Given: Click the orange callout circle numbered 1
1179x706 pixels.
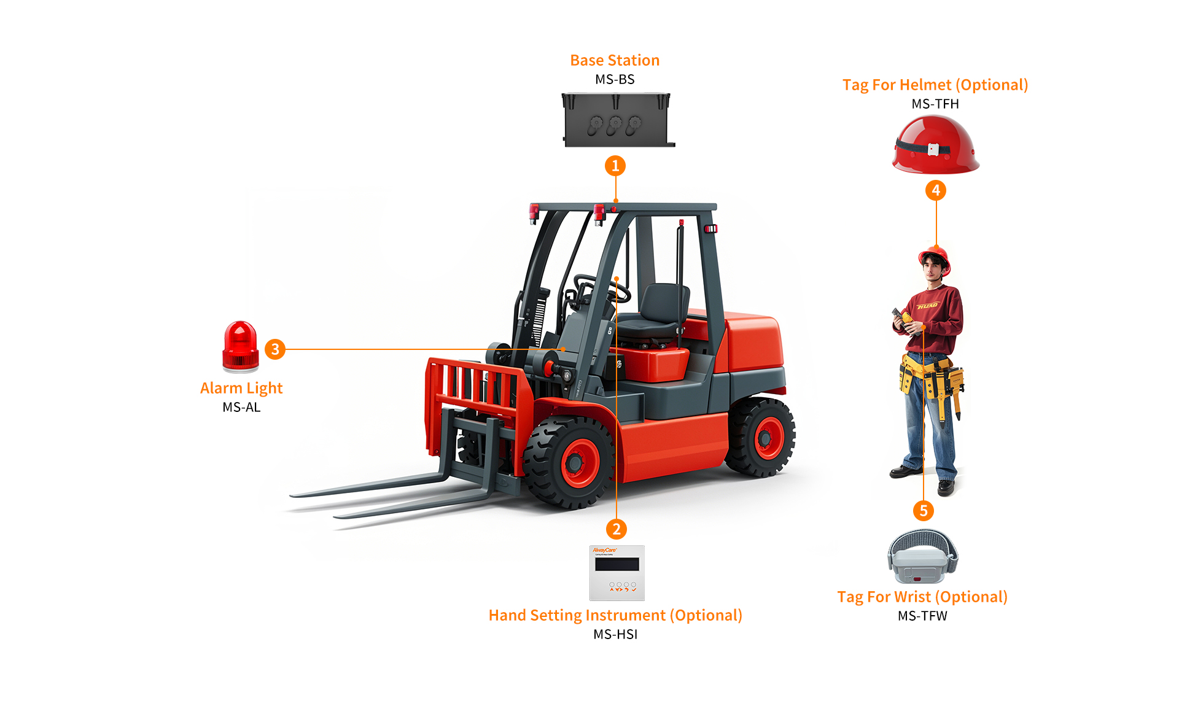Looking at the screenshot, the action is [x=615, y=166].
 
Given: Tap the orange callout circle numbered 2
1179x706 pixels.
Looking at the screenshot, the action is [x=617, y=529].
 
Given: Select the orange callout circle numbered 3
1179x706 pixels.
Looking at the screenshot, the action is [x=275, y=349].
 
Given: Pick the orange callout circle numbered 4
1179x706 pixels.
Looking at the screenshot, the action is [x=936, y=190].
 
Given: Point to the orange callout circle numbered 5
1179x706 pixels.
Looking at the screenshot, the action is [x=924, y=511].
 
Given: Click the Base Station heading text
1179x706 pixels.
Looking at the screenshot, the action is [x=615, y=60].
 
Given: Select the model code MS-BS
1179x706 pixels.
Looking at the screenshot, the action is [x=615, y=79].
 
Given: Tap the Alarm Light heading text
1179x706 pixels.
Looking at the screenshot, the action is [x=241, y=389].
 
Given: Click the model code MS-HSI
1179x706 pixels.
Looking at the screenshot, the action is [x=615, y=634].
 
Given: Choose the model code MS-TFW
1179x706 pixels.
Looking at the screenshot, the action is [x=922, y=616].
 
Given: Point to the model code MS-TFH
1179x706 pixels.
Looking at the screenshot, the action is [x=935, y=104].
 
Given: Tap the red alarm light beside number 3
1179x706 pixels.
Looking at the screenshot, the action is [x=241, y=347].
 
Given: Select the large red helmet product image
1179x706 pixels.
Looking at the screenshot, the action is [x=935, y=145].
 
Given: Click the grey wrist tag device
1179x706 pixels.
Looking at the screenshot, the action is [x=922, y=556].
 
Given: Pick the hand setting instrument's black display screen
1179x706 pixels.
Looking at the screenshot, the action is [x=617, y=564].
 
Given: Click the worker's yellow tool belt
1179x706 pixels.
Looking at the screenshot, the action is [x=931, y=375].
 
